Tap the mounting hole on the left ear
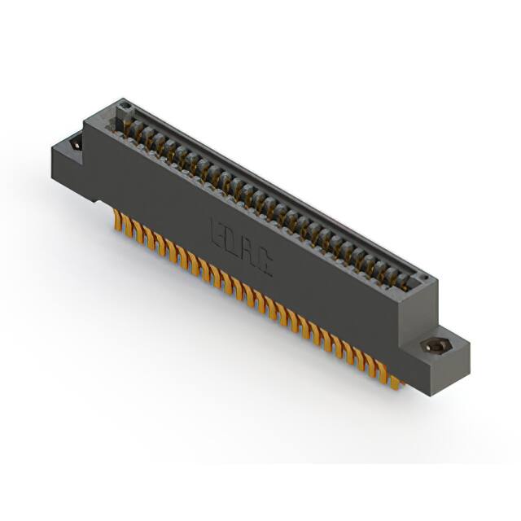(75, 144)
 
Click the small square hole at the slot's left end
(123, 106)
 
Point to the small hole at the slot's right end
(422, 279)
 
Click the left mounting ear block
(69, 159)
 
